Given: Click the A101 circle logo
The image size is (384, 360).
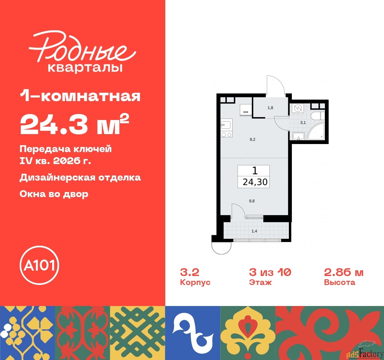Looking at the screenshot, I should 39,265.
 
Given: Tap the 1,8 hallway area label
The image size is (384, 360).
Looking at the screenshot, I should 270,108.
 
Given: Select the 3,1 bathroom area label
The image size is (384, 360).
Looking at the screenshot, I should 303,122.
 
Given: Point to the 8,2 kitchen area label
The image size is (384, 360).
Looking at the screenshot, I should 253,139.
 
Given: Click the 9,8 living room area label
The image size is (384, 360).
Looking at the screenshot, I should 252,201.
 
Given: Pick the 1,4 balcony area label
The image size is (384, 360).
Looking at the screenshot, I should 254,231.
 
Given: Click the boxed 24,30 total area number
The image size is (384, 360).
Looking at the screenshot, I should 255,182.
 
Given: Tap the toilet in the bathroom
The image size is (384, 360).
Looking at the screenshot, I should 316,116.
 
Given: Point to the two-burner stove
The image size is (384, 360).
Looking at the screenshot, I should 226,135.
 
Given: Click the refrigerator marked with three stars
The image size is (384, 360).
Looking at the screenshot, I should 246,109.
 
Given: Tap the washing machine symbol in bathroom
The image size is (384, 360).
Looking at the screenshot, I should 298,108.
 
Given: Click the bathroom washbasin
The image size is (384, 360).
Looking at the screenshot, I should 298,136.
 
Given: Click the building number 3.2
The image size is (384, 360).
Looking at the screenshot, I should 190,272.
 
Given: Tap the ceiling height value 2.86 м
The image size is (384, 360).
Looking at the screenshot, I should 343,272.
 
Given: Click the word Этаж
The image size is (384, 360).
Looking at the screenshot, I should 260,282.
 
